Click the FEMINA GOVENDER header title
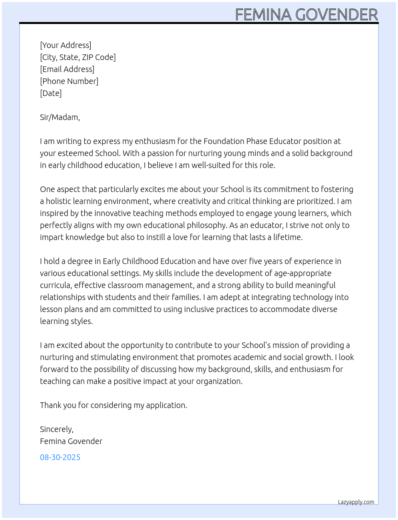pyautogui.click(x=306, y=15)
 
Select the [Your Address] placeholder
pyautogui.click(x=66, y=45)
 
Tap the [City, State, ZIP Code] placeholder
pyautogui.click(x=78, y=57)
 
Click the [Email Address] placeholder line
pyautogui.click(x=67, y=69)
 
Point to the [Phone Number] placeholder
pyautogui.click(x=69, y=81)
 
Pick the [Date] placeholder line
pyautogui.click(x=51, y=93)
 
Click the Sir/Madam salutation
pyautogui.click(x=60, y=117)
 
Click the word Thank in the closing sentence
pyautogui.click(x=50, y=405)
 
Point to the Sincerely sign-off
pyautogui.click(x=57, y=429)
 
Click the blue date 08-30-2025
pyautogui.click(x=60, y=457)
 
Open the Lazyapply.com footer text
pyautogui.click(x=356, y=502)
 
